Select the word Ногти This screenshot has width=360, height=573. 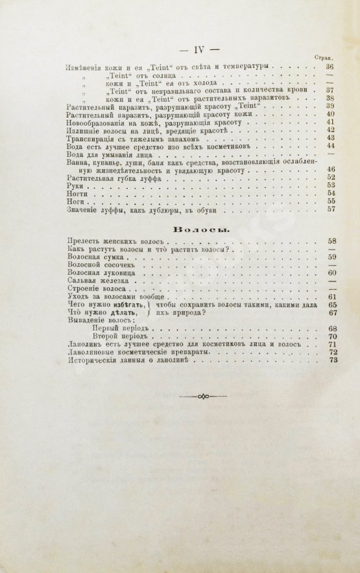tap(75, 194)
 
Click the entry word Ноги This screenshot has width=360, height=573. tap(73, 202)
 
